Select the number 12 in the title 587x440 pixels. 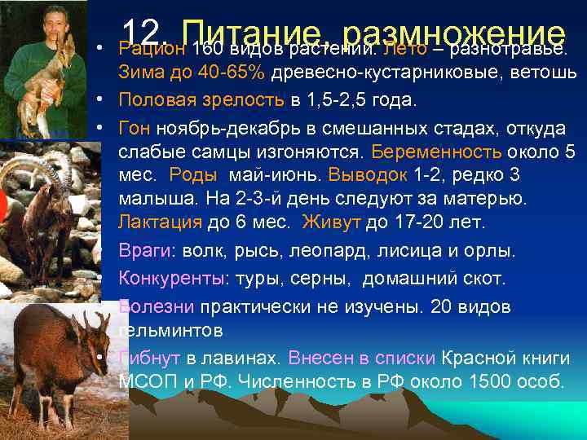pyautogui.click(x=146, y=33)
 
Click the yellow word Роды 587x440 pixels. pyautogui.click(x=193, y=175)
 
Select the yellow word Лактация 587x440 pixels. pyautogui.click(x=156, y=222)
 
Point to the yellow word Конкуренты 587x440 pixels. pyautogui.click(x=170, y=279)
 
